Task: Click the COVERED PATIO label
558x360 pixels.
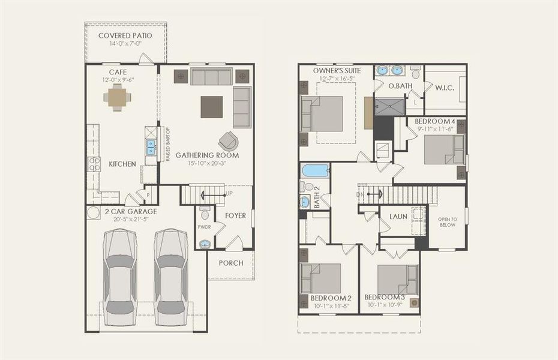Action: coord(125,35)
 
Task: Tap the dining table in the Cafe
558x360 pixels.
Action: coord(117,97)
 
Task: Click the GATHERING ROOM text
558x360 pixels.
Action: coord(207,155)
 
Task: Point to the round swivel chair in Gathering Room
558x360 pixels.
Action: coord(228,141)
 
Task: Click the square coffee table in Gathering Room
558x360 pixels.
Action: coord(211,107)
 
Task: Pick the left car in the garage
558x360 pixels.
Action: coord(121,277)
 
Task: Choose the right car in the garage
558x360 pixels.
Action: coord(171,277)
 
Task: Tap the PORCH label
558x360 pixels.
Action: coord(231,263)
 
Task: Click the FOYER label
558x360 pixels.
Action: coord(235,215)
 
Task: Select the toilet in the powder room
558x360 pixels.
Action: coord(205,214)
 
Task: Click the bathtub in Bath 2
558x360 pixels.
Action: coord(315,170)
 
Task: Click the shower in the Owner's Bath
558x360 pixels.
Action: coord(390,107)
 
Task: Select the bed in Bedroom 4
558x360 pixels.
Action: coord(444,150)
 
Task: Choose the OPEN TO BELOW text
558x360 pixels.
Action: coord(447,222)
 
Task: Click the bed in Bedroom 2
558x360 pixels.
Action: coord(322,278)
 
